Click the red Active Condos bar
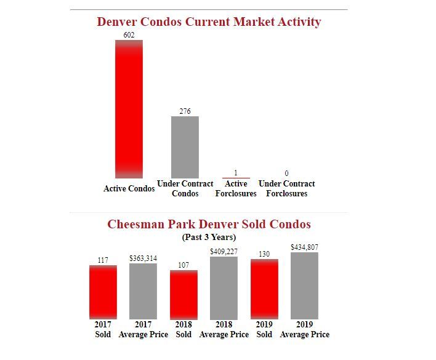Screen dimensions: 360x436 tap(129, 109)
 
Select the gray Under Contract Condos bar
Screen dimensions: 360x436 tap(185, 147)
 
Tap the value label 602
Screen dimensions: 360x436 tap(129, 35)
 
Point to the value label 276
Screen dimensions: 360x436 tap(185, 111)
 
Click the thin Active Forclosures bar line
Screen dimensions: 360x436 tap(236, 178)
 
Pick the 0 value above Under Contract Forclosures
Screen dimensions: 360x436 tap(286, 174)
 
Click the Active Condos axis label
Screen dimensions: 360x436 tap(129, 188)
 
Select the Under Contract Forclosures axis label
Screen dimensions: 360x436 tap(286, 188)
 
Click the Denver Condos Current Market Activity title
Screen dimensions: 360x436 tap(209, 22)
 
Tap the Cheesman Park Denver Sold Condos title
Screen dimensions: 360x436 tap(209, 224)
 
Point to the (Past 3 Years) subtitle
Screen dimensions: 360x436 tap(209, 237)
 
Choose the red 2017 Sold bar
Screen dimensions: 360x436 tap(103, 292)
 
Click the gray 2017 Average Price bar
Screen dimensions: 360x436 tap(143, 291)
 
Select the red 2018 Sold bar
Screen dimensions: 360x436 tap(184, 294)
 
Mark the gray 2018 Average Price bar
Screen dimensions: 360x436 tap(224, 288)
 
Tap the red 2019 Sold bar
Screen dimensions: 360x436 tap(264, 289)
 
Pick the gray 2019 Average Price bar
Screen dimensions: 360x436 tap(304, 286)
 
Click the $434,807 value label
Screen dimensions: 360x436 tap(304, 247)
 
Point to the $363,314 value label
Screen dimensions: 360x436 tap(143, 258)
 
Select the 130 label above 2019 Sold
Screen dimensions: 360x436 tap(264, 254)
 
